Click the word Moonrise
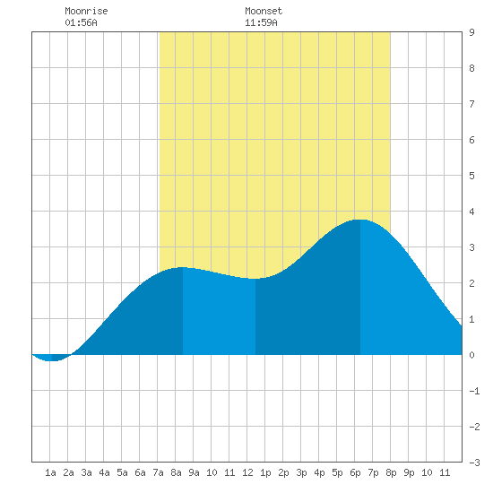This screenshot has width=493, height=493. pos(86,11)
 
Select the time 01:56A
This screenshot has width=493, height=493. pos(81,22)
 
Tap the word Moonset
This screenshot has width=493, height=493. pos(264,11)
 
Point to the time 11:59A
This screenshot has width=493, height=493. pos(261,22)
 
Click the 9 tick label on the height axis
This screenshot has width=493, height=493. pos(471,32)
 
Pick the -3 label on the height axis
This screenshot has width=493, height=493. pos(474,463)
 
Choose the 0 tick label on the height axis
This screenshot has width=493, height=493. pos(471,355)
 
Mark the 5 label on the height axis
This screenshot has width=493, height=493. pos(471,176)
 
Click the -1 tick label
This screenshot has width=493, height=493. pos(474,391)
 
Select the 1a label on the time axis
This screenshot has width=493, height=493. pos(50,472)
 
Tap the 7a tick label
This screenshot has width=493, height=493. pos(158,472)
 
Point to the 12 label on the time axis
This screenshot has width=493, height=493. pos(247,472)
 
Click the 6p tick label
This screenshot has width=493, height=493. pos(355,472)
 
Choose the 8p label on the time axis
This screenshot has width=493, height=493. pos(391,472)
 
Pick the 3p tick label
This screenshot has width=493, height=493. pos(301,472)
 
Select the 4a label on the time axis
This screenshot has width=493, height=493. pos(104,472)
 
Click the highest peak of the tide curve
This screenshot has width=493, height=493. pos(360,220)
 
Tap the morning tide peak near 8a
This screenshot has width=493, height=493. pos(183,267)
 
